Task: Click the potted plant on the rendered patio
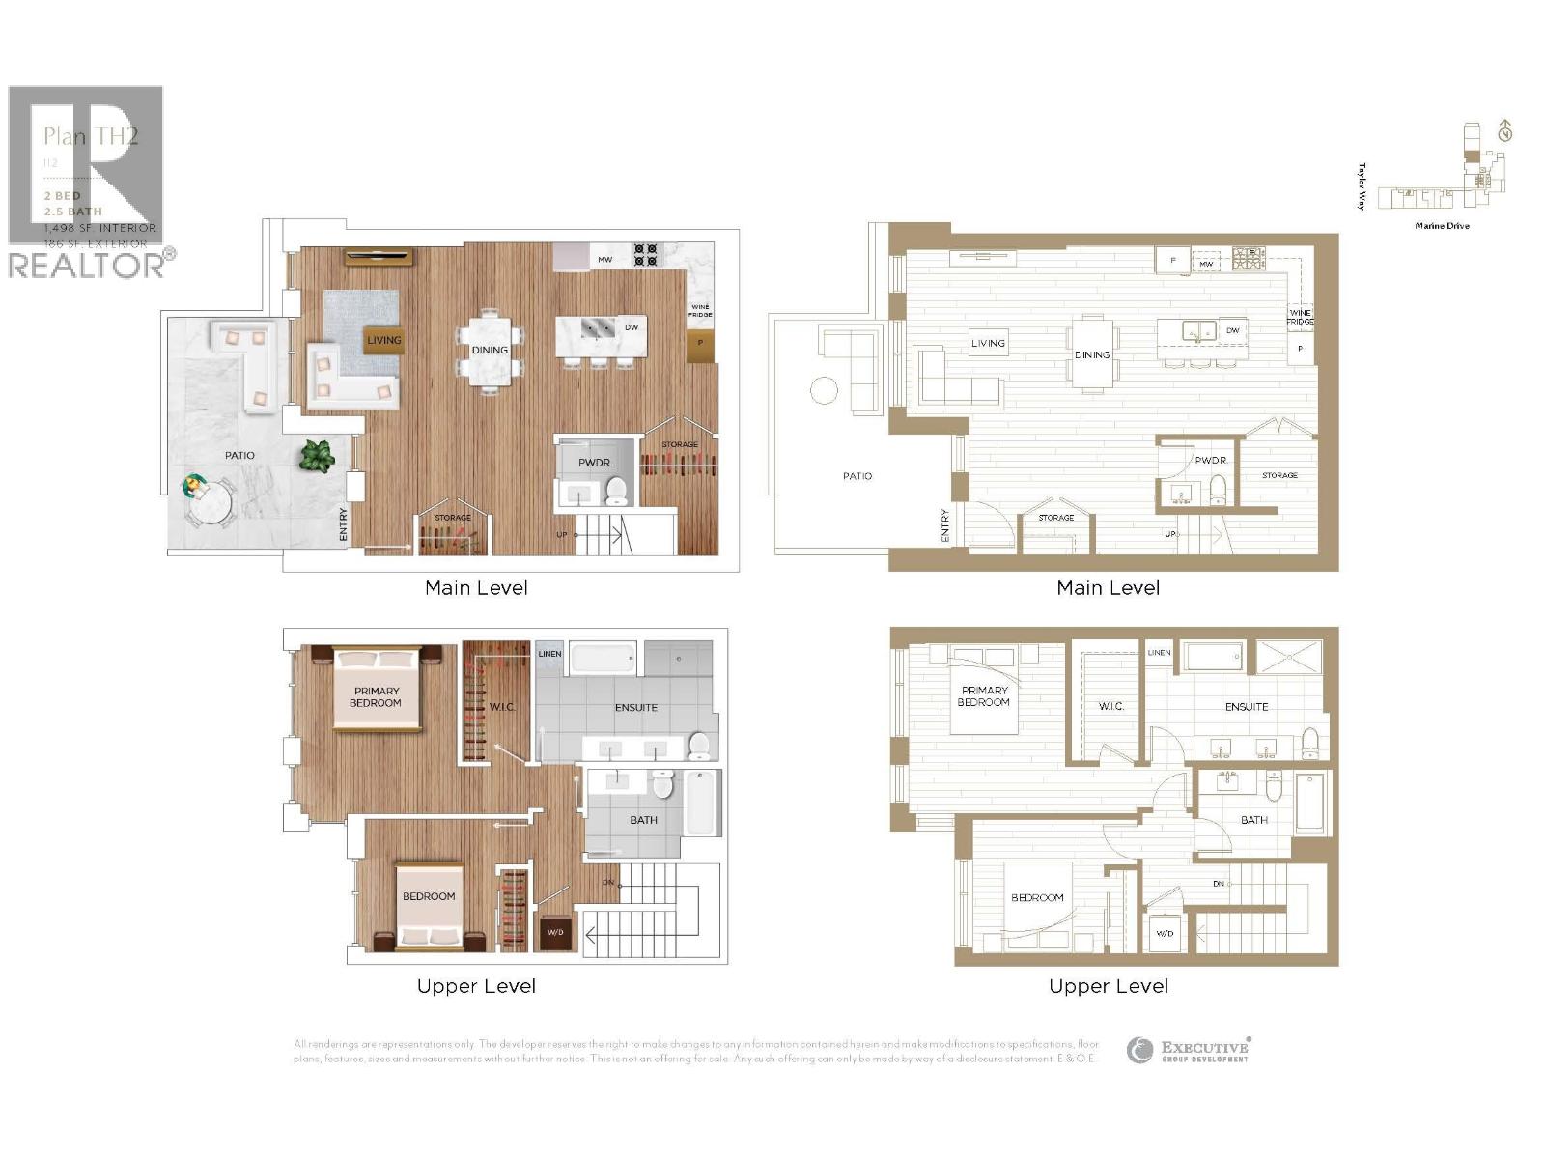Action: coord(317,455)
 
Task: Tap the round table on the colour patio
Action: coord(210,502)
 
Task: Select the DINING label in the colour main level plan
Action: coord(490,350)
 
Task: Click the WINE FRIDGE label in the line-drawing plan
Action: coord(1300,317)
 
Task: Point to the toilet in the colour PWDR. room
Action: coord(616,493)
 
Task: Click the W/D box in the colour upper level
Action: coord(555,933)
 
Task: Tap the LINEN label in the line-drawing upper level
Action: coord(1159,653)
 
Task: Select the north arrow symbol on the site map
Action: coord(1504,133)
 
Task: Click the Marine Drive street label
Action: coord(1442,226)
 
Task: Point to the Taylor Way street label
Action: coord(1362,185)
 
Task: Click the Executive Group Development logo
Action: coord(1189,1051)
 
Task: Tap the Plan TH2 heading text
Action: coord(91,136)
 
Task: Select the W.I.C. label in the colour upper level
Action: coord(502,707)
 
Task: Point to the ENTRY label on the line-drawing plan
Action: coord(945,525)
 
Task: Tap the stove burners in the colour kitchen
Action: coord(645,255)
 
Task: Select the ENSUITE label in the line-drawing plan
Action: coord(1247,707)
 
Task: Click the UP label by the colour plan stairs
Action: coord(562,534)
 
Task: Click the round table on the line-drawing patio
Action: coord(824,390)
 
